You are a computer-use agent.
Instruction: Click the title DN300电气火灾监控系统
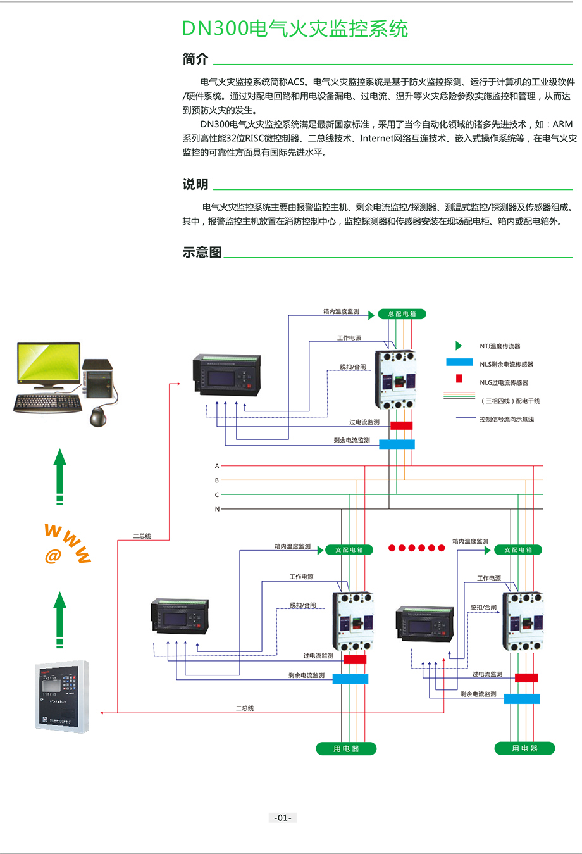point(295,28)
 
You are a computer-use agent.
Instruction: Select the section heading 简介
point(195,59)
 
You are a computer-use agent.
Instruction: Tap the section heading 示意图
point(202,252)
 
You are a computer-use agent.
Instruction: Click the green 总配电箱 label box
point(402,314)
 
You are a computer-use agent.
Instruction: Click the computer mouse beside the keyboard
point(97,417)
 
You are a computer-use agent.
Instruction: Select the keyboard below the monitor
point(47,403)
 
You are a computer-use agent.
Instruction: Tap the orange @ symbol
point(53,556)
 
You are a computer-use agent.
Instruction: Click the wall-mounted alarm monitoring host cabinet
point(62,696)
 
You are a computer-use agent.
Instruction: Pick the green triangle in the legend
point(459,346)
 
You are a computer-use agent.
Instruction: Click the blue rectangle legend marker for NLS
point(459,363)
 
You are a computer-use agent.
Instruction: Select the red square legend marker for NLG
point(459,379)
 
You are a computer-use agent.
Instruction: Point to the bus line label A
point(217,466)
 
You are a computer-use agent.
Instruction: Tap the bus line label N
point(217,509)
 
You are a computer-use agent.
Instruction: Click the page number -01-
point(282,817)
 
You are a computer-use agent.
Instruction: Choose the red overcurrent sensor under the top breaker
point(401,425)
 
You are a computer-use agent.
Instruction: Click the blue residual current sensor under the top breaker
point(397,444)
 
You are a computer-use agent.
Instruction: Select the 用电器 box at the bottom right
point(524,748)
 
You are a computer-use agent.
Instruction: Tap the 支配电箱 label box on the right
point(517,549)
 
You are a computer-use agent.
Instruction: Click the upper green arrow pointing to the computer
point(59,475)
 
